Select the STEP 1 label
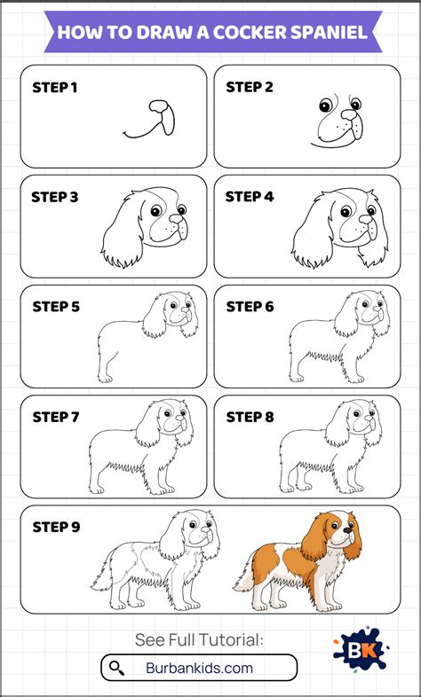pyautogui.click(x=55, y=88)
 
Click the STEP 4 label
pyautogui.click(x=250, y=197)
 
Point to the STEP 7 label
pyautogui.click(x=56, y=417)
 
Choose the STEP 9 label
pyautogui.click(x=56, y=528)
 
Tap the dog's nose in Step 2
pyautogui.click(x=349, y=114)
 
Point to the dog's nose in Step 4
pyautogui.click(x=366, y=219)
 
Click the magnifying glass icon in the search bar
pyautogui.click(x=116, y=667)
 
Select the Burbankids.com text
pyautogui.click(x=199, y=668)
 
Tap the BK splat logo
pyautogui.click(x=361, y=650)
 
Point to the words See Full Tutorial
pyautogui.click(x=199, y=640)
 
